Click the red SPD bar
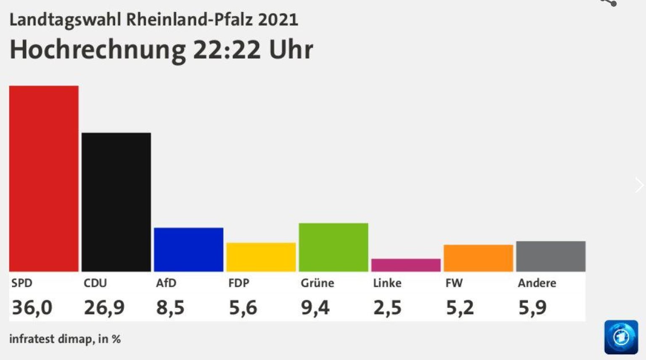point(44,178)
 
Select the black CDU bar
point(116,202)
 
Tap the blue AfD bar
point(188,249)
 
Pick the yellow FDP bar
point(261,257)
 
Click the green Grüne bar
point(333,247)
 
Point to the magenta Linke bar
point(406,265)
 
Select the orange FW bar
point(478,258)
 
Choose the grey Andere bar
point(551,256)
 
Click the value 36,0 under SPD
point(32,307)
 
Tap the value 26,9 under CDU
point(104,307)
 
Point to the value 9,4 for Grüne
point(315,307)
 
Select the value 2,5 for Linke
point(387,307)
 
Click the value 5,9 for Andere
point(532,307)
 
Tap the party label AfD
point(166,283)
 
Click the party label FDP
point(239,283)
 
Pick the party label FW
point(454,283)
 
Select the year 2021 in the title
point(278,20)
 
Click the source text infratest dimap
point(50,339)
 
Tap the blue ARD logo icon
point(621,337)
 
